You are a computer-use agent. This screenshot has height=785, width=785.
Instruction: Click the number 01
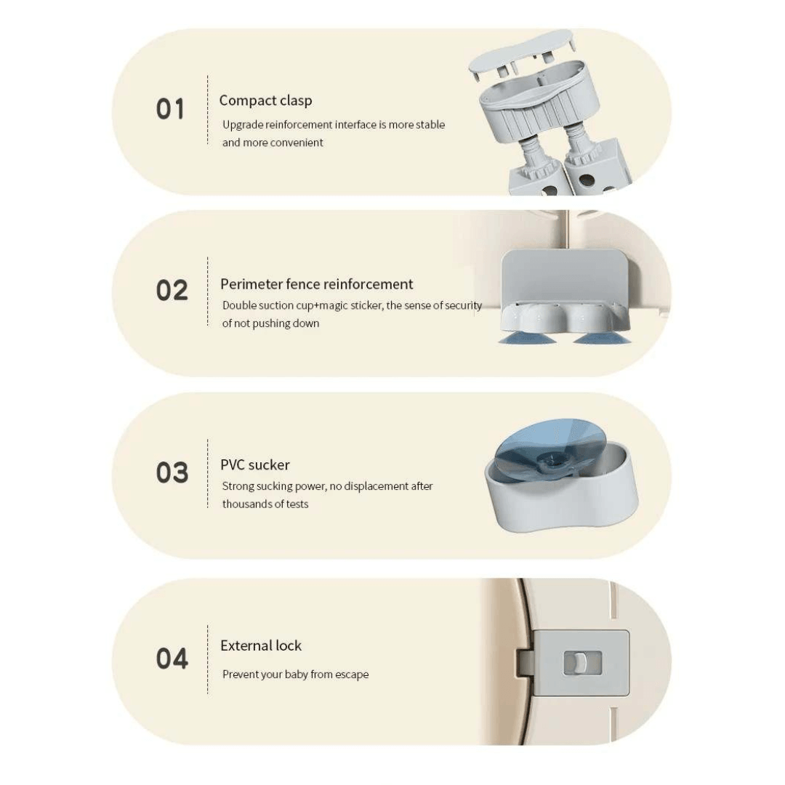tap(170, 109)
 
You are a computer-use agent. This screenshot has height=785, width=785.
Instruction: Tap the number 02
tap(172, 290)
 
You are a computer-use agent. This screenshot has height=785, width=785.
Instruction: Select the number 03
tap(172, 472)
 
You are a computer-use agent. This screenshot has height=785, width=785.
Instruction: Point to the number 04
tap(172, 658)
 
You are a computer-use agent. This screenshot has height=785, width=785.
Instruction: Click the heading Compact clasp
tap(265, 100)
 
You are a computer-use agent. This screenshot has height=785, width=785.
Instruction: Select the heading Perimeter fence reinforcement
tap(316, 284)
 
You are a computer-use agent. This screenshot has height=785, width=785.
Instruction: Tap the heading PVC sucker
tap(255, 464)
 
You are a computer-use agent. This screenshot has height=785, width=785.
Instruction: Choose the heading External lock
tap(261, 645)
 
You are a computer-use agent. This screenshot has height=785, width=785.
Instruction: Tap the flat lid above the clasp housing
tap(522, 52)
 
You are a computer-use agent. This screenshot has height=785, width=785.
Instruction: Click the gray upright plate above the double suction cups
tap(564, 277)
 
